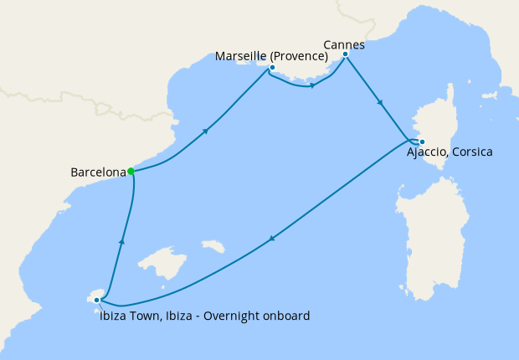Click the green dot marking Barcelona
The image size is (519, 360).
click(131, 172)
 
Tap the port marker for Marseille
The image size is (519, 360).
click(272, 67)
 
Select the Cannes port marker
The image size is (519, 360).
click(345, 54)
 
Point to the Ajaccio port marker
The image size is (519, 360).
click(422, 141)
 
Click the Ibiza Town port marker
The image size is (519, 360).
click(97, 300)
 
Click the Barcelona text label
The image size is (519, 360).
click(98, 172)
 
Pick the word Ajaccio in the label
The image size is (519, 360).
click(429, 153)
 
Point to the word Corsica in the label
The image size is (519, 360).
click(472, 153)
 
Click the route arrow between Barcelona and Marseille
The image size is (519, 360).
click(205, 131)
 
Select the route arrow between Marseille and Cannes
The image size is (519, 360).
click(311, 85)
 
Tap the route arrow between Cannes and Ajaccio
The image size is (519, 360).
click(381, 103)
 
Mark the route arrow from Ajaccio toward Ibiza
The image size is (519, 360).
click(270, 240)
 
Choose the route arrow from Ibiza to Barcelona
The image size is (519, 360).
click(122, 241)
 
